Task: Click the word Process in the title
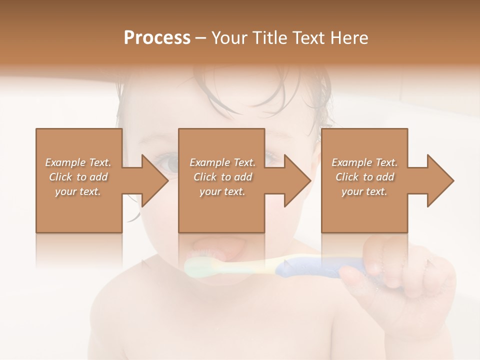[157, 38]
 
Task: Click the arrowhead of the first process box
[154, 180]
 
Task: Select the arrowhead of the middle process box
[297, 180]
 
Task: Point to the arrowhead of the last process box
[440, 180]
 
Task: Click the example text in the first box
[78, 177]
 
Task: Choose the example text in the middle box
[222, 177]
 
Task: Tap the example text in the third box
[364, 177]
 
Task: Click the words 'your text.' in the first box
[78, 191]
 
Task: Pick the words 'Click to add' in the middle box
[222, 177]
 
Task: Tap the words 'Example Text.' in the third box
[364, 162]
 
